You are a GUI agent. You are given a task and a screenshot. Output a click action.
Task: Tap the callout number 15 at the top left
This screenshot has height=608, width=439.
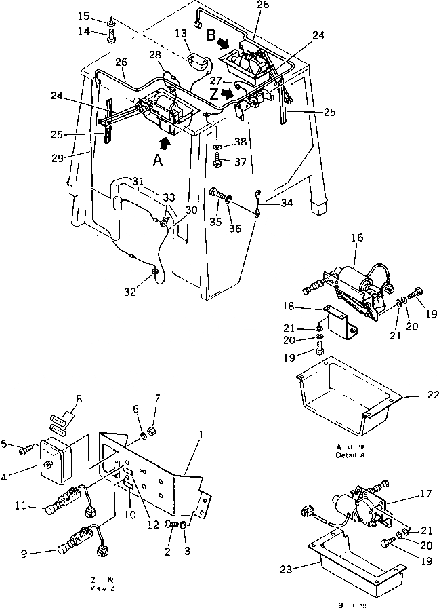coord(102,15)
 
